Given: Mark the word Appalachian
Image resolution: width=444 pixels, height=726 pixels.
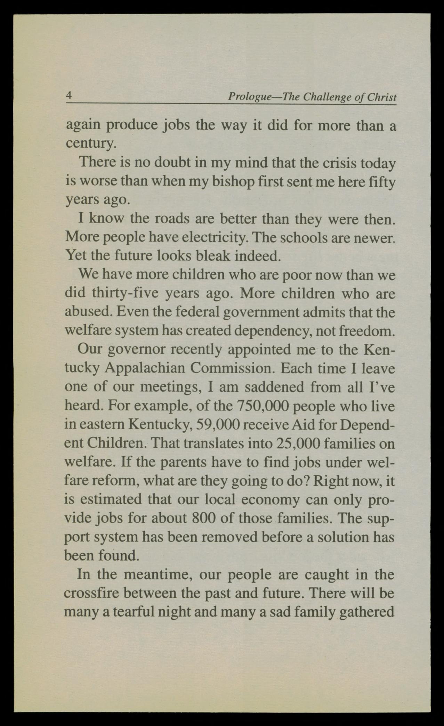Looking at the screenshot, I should pos(145,368).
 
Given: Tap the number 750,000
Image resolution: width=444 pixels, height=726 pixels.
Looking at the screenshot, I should pos(263,406).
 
